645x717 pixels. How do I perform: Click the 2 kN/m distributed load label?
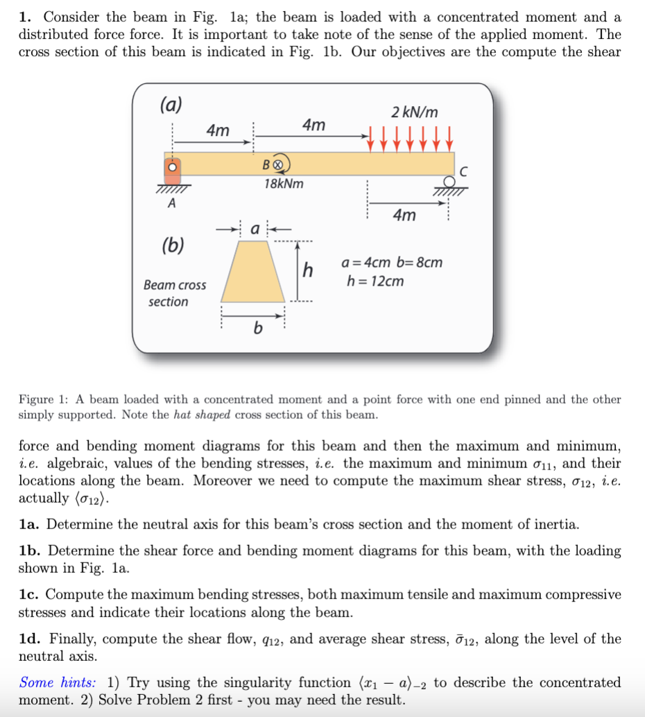[414, 112]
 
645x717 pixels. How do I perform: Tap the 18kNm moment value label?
[284, 184]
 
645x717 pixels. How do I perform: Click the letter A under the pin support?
[171, 203]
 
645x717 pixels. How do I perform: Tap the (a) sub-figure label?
[171, 105]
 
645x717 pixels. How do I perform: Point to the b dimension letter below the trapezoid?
[257, 328]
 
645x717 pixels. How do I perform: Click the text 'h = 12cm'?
[375, 282]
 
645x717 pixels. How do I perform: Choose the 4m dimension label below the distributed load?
[404, 216]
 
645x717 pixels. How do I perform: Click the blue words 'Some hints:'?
[57, 682]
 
